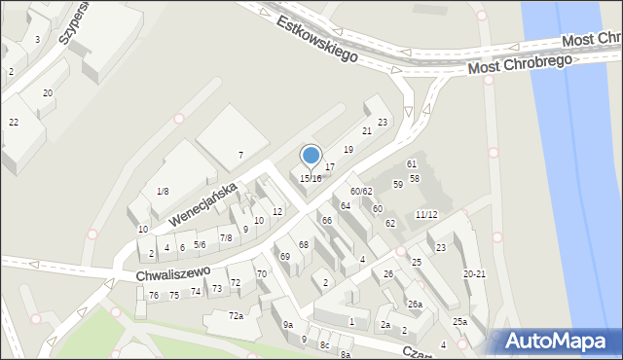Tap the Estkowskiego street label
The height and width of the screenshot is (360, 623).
tap(315, 39)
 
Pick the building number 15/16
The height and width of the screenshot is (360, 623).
tap(311, 179)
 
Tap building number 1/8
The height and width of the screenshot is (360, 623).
tap(163, 191)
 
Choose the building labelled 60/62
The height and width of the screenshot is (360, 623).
tap(361, 191)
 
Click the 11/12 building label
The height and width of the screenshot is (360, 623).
tap(426, 214)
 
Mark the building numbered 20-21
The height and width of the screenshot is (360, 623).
tap(474, 274)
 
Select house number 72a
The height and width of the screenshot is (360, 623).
tap(236, 316)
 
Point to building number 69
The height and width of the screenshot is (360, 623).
tap(285, 257)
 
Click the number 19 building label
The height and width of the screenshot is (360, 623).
tap(348, 149)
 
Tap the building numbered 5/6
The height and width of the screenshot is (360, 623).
tap(200, 244)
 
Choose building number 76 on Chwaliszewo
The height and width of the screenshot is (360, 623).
tap(154, 295)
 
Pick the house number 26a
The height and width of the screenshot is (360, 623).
tap(415, 305)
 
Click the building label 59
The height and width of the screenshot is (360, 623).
tap(398, 184)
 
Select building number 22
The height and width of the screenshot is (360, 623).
tap(14, 122)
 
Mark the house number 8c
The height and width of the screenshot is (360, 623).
tap(325, 345)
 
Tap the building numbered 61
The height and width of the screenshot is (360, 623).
tap(412, 163)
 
